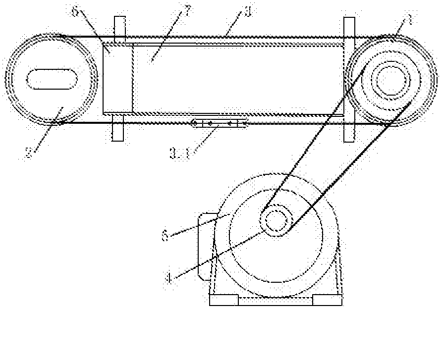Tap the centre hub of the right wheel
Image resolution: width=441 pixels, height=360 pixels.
(393, 80)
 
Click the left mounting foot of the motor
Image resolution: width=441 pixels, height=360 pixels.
(224, 300)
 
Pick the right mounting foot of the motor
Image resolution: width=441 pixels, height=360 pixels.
(327, 300)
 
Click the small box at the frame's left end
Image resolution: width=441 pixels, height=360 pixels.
(117, 79)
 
